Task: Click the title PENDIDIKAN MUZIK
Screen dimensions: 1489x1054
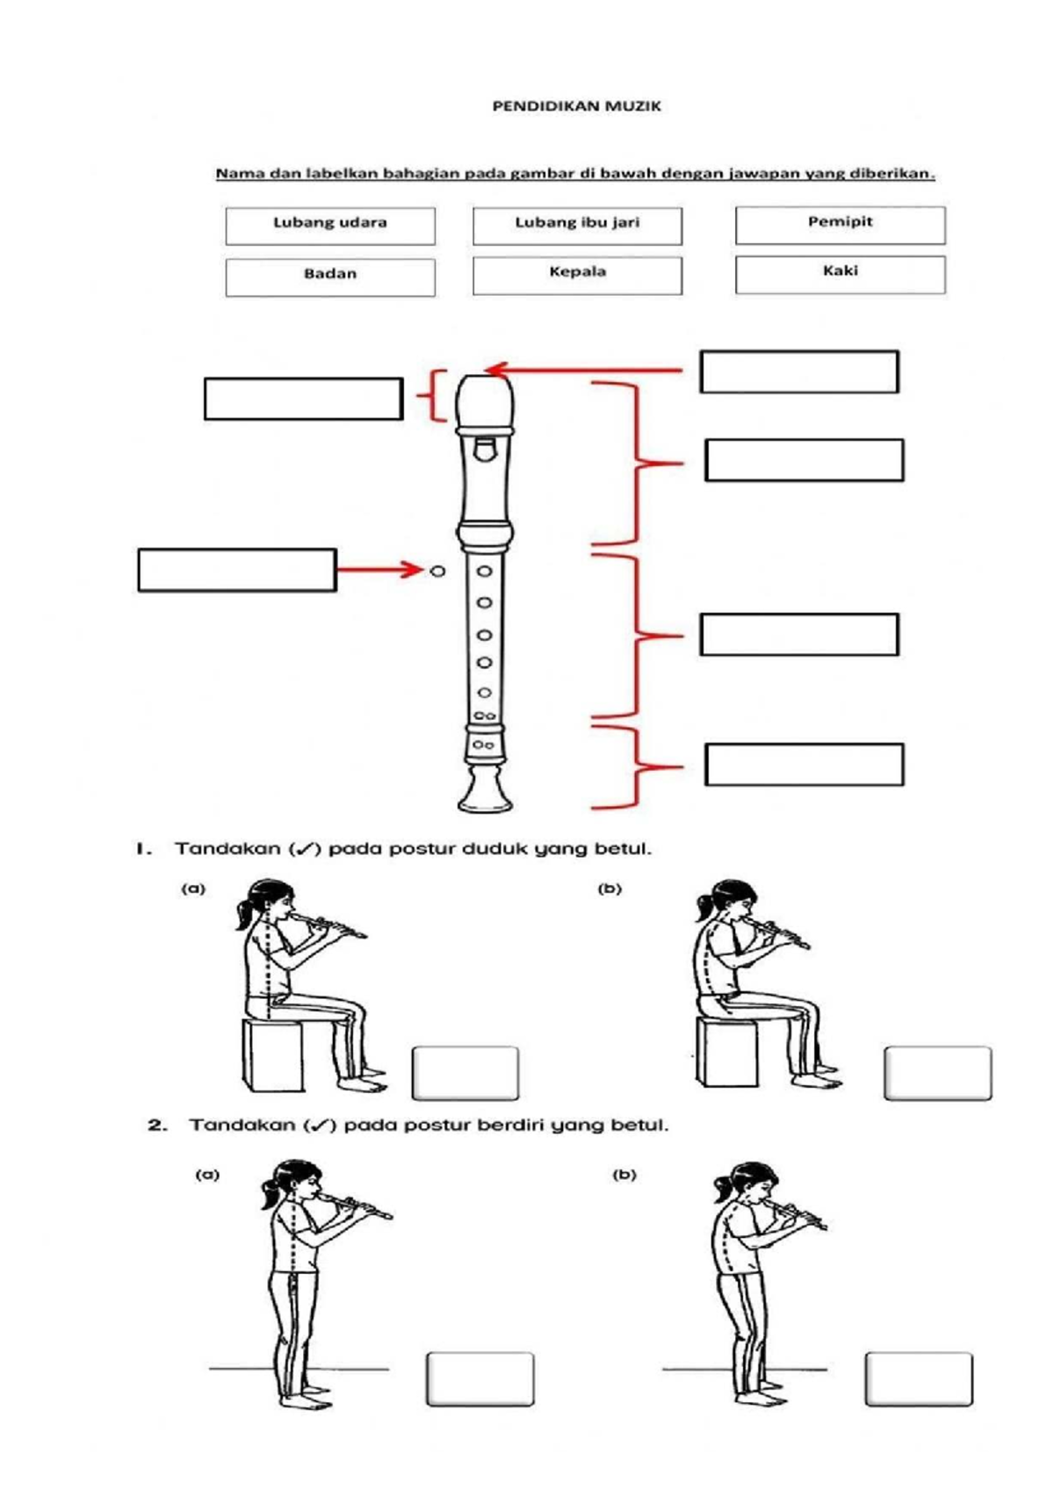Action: (576, 106)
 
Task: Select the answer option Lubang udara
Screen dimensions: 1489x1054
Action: (330, 226)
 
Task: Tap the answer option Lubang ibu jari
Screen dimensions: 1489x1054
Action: (577, 226)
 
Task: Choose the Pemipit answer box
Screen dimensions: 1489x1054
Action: (840, 225)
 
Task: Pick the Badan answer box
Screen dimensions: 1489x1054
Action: (330, 277)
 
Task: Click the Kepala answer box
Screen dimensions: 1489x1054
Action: (577, 275)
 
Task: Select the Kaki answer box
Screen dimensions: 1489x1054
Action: (840, 274)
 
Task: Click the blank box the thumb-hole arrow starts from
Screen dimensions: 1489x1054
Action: (237, 570)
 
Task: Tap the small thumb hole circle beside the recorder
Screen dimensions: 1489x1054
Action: (437, 571)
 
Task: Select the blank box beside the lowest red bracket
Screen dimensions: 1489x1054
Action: (804, 764)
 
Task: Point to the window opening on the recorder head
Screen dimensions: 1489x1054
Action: (484, 450)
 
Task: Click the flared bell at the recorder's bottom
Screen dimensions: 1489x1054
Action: (485, 790)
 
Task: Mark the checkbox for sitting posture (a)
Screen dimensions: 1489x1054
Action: (465, 1072)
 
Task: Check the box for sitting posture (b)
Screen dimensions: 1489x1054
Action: (937, 1072)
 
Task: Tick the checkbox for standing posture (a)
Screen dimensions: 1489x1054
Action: (480, 1378)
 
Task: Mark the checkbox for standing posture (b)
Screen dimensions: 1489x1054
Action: (918, 1378)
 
